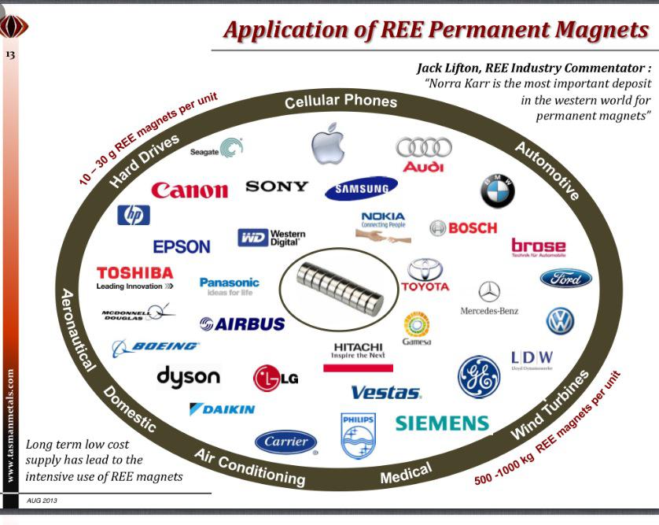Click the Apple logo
tap(328, 142)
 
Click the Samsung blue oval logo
tap(361, 188)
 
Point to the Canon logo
tap(190, 190)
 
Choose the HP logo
tap(133, 215)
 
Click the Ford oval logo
tap(565, 279)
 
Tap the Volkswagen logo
tap(560, 321)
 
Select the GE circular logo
tap(478, 376)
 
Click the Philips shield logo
tap(358, 435)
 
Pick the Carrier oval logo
tap(285, 442)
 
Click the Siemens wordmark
tap(441, 423)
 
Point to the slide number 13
tap(11, 56)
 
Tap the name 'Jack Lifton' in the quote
tap(456, 69)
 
